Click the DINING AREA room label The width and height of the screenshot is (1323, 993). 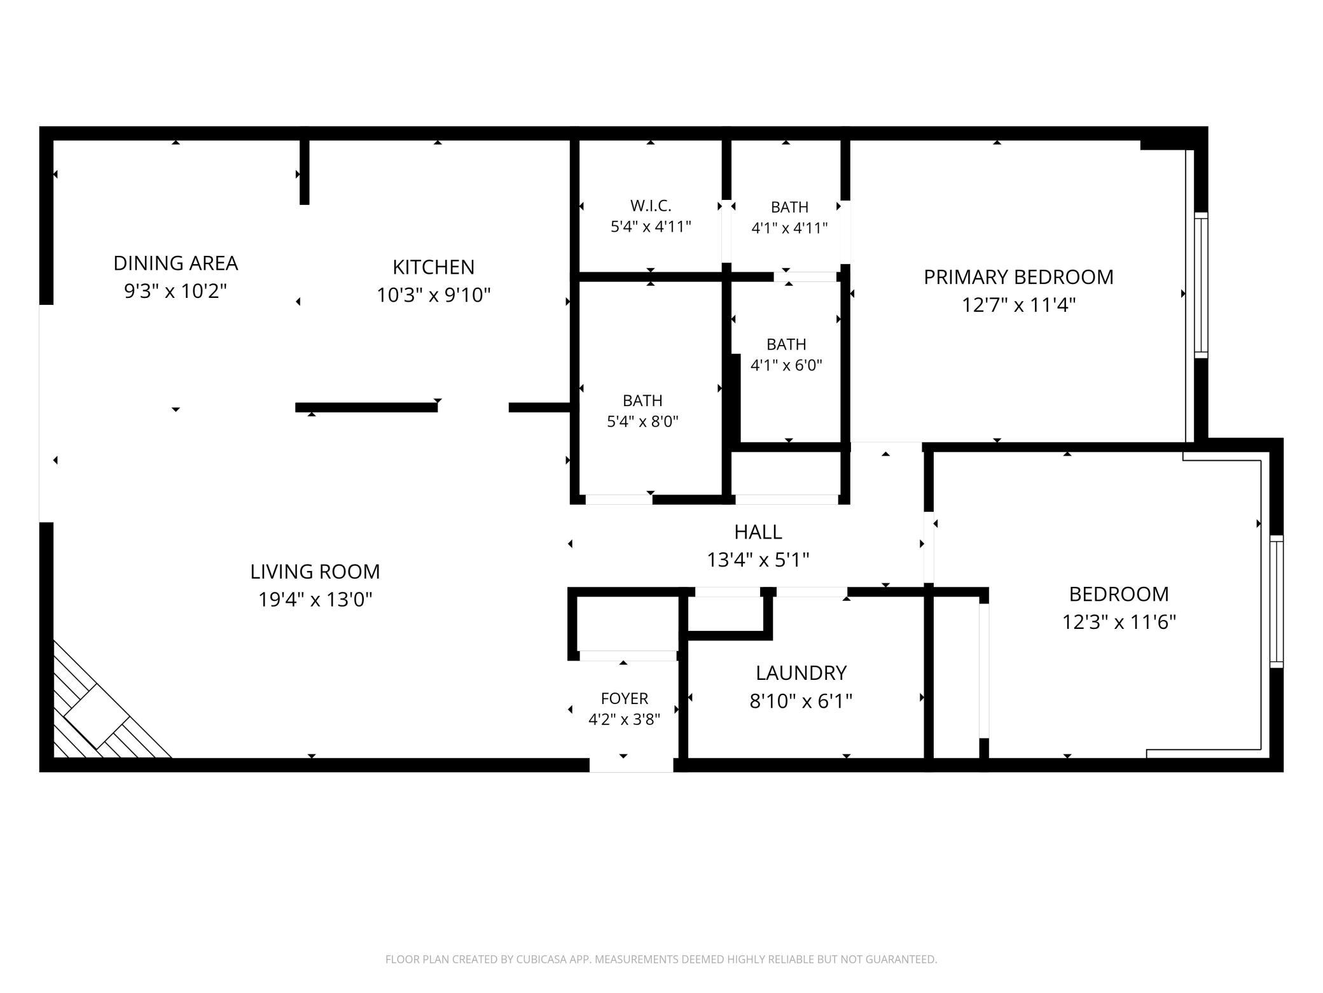[x=176, y=263]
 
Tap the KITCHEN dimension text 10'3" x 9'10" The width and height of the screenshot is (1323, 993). [x=434, y=295]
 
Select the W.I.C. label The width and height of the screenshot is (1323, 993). [x=651, y=206]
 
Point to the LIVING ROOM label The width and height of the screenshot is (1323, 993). [x=315, y=572]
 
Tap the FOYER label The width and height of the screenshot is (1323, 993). [x=625, y=698]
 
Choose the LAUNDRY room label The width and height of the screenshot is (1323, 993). [x=801, y=673]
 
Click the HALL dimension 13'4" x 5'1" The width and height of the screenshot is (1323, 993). [x=758, y=560]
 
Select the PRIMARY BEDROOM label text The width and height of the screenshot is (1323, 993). [x=1018, y=277]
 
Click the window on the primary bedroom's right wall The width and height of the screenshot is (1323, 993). [x=1200, y=285]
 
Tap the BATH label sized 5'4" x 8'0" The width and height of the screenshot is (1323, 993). [x=642, y=400]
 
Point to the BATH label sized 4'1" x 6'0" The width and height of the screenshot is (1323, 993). [x=786, y=344]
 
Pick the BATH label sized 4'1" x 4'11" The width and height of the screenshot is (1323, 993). [x=789, y=207]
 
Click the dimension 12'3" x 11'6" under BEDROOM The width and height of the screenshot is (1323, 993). [x=1119, y=622]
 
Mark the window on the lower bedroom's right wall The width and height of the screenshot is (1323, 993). [x=1276, y=602]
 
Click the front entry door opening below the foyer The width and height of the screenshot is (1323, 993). [x=631, y=765]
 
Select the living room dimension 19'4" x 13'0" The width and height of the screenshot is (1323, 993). [x=315, y=600]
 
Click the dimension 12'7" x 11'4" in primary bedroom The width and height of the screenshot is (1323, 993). [x=1018, y=305]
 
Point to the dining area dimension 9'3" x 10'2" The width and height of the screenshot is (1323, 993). [x=176, y=291]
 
